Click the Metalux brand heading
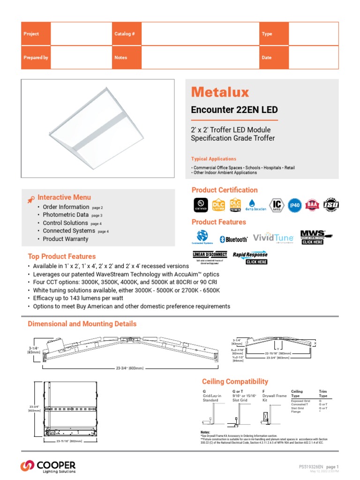220,92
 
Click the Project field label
31,34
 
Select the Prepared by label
36,58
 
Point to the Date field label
267,58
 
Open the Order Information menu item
66,207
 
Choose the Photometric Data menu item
66,215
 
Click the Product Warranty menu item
66,239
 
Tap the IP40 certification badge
294,205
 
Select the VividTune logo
274,238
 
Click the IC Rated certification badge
277,205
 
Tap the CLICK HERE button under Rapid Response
256,262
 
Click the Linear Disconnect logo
210,255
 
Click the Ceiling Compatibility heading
235,382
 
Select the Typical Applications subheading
214,159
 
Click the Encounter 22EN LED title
234,110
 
